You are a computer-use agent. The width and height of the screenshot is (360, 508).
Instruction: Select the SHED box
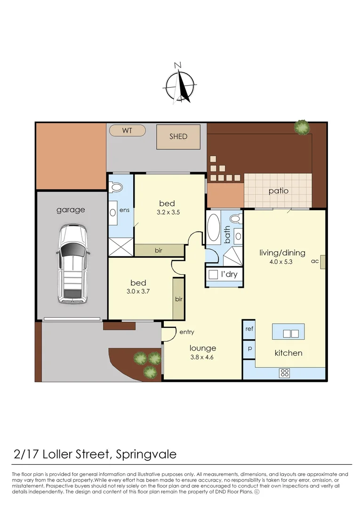point(178,137)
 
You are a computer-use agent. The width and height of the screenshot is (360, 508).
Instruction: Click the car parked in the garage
point(72,263)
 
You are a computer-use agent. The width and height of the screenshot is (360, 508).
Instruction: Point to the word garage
point(71,210)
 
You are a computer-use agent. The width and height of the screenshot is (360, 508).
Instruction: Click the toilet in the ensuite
point(115,187)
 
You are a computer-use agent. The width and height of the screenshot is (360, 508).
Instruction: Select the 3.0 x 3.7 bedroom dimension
point(138,292)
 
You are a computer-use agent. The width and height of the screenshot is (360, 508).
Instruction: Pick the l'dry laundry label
point(229,274)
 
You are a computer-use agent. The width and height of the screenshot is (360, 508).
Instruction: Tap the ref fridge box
point(249,329)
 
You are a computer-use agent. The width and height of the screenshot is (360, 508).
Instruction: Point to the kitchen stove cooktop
point(285,373)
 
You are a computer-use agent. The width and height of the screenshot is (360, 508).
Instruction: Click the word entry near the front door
point(186,332)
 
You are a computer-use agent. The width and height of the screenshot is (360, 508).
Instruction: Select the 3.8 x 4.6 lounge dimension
point(203,357)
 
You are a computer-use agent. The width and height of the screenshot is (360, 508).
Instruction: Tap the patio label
point(279,191)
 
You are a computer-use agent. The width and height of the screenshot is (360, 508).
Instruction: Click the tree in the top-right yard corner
point(302,127)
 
